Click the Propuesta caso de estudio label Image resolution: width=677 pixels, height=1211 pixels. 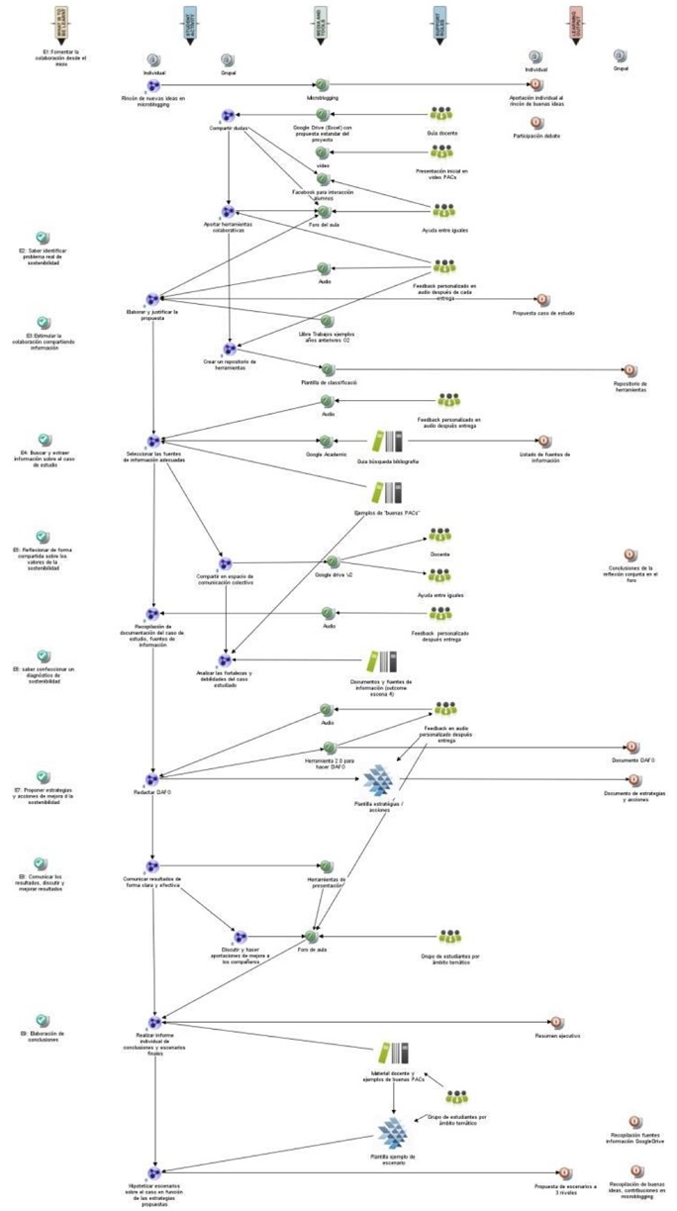542,313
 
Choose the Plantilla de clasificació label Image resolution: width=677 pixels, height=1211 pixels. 328,382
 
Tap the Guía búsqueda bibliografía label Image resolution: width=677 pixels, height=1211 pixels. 387,461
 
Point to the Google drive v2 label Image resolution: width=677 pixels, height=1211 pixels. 333,574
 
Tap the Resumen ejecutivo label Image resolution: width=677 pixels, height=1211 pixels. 556,1036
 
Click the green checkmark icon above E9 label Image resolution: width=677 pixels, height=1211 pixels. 42,1020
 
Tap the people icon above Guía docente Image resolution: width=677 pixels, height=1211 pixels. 441,113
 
